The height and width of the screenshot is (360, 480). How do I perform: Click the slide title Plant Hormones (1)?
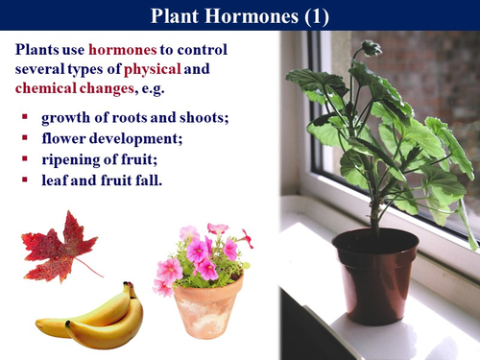[239, 16]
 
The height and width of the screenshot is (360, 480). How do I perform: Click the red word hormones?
[125, 49]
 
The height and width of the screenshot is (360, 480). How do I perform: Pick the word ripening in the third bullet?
[73, 159]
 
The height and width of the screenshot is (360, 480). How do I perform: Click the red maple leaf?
[60, 246]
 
